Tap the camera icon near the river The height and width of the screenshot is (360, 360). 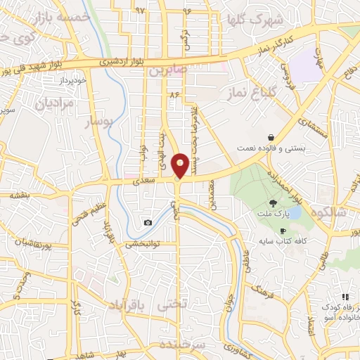[x=148, y=223]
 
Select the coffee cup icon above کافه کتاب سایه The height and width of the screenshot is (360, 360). [x=283, y=231]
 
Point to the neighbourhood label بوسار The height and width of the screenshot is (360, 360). [x=98, y=122]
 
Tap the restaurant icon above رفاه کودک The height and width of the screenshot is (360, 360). [x=345, y=297]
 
